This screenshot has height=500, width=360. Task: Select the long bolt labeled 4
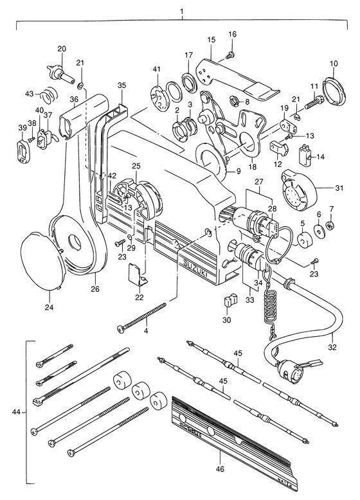click(x=142, y=317)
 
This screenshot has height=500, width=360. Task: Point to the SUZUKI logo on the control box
click(x=195, y=269)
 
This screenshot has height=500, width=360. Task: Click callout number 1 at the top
click(x=182, y=12)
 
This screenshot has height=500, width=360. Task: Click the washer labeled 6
click(x=318, y=229)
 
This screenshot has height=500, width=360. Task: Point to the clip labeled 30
click(x=230, y=300)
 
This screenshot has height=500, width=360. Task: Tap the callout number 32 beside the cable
click(x=332, y=347)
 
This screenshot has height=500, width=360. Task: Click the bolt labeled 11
click(x=315, y=103)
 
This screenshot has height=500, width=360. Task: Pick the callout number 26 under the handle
click(x=95, y=289)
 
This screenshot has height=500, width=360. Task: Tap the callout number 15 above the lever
click(x=211, y=40)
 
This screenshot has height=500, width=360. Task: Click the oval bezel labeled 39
click(x=23, y=149)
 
